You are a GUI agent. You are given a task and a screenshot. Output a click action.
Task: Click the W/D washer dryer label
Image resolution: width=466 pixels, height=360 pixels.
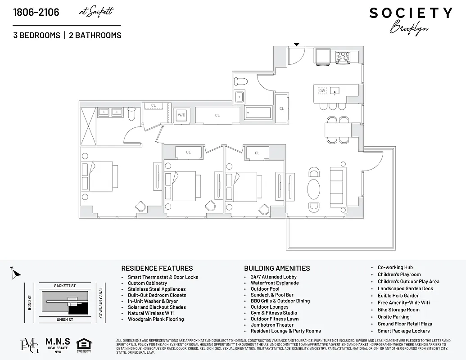pos(181,115)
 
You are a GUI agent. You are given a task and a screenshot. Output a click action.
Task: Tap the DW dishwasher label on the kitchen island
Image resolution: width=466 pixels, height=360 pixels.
pos(322,90)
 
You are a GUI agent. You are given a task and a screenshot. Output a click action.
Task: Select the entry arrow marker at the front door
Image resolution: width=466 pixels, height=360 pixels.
pos(296,44)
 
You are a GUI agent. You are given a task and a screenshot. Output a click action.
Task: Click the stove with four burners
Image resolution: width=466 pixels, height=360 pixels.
pos(343,57)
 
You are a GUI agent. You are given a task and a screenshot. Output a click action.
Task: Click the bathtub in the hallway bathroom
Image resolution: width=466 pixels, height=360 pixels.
pos(258,113)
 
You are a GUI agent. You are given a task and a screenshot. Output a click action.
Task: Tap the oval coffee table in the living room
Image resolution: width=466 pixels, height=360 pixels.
pos(314,189)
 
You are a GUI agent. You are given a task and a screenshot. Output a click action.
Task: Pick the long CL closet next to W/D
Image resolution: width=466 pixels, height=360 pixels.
pos(217,115)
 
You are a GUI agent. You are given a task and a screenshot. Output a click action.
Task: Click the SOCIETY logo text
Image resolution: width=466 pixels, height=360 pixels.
pos(411,13)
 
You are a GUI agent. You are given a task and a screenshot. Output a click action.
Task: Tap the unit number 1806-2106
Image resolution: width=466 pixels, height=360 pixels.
pos(36,12)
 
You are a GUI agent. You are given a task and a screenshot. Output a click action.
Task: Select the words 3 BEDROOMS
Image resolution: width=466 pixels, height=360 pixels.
pos(36,35)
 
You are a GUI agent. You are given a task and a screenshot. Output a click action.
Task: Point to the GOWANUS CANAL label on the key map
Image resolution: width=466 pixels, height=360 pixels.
pos(101,302)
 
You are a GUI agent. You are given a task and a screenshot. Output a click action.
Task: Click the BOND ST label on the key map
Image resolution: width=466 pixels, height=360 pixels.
pos(29,302)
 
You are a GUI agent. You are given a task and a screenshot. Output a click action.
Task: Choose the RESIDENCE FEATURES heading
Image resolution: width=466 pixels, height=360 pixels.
pos(157,268)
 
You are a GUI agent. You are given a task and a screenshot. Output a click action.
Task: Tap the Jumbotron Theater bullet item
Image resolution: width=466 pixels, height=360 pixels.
pos(272,325)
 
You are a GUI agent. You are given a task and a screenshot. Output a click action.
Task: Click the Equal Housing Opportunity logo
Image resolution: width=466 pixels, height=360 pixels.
pos(83,345)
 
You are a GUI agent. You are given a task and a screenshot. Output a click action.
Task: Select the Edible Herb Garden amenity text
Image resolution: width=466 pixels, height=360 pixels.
pos(398,296)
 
